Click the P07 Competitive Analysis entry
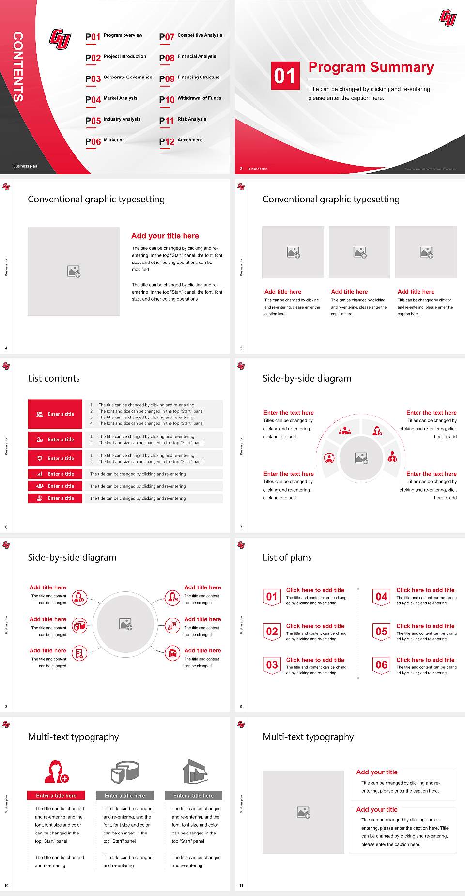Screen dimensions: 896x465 [x=190, y=36]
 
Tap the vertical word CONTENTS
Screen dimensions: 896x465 [x=18, y=67]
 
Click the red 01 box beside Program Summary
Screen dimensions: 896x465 [x=284, y=76]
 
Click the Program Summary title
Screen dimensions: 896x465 [x=371, y=67]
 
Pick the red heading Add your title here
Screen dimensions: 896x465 [x=165, y=236]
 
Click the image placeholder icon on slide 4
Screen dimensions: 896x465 [x=74, y=271]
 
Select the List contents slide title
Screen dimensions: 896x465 [x=54, y=378]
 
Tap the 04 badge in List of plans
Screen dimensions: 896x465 [x=382, y=597]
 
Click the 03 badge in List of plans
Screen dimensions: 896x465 [x=272, y=665]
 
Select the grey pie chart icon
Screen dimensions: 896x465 [x=125, y=772]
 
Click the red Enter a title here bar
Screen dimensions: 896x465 [x=56, y=795]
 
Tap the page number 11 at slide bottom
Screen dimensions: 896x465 [x=241, y=886]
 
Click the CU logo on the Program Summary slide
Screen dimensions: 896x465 [x=448, y=18]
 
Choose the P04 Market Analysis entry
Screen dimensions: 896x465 [x=112, y=99]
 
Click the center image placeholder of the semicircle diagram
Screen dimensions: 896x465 [x=361, y=458]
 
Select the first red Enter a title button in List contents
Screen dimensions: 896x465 [x=55, y=414]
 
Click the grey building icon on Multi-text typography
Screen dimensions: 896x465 [x=195, y=772]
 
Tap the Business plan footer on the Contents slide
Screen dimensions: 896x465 [x=25, y=166]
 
